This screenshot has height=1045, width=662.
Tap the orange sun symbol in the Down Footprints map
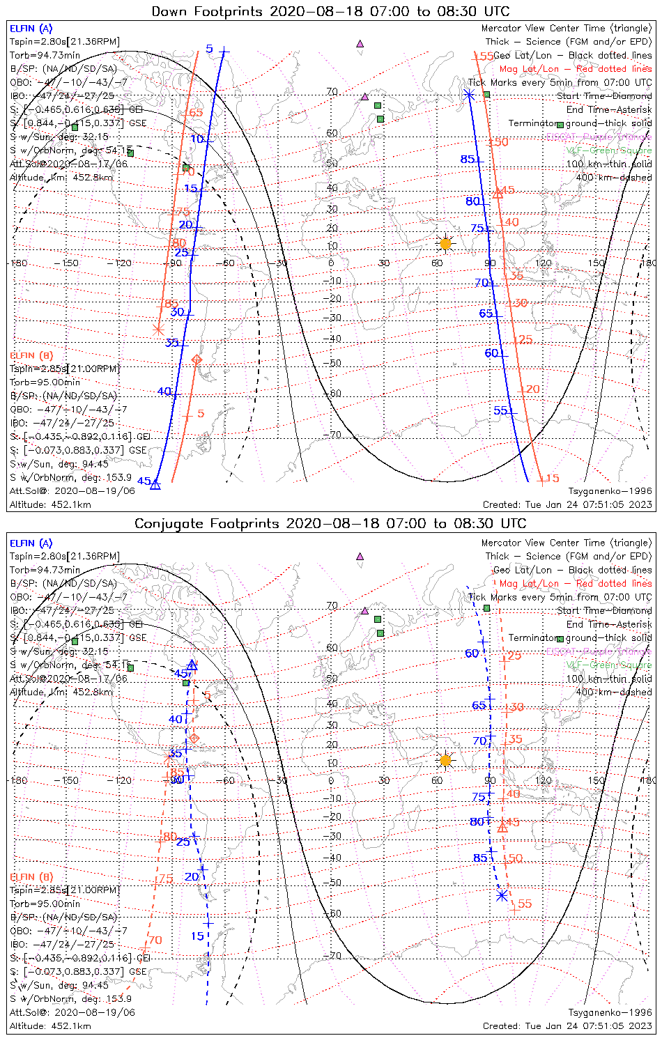click(x=445, y=243)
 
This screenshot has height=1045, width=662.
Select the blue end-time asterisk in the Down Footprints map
click(x=469, y=93)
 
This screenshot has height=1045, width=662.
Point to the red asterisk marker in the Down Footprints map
click(x=158, y=329)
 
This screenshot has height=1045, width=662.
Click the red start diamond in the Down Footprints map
click(x=197, y=359)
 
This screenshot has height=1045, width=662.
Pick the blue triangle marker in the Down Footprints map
click(x=155, y=484)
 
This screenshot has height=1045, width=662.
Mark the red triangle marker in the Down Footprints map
click(x=498, y=193)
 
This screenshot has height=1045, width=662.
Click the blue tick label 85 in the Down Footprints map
click(x=467, y=160)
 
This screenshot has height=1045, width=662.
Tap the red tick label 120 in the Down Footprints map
click(x=532, y=389)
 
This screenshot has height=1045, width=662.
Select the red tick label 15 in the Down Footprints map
click(x=552, y=479)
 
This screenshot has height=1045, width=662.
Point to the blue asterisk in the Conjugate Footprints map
click(x=502, y=895)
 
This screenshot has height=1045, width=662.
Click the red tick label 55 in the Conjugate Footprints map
click(x=525, y=904)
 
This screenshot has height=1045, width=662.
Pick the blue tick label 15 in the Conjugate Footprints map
click(x=197, y=936)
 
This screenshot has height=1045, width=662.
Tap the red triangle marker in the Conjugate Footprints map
click(x=502, y=827)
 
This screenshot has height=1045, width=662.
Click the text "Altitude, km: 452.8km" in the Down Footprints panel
click(x=61, y=178)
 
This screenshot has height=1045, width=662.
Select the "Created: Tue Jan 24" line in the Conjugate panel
click(x=567, y=1026)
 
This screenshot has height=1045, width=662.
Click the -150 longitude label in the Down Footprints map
click(x=70, y=263)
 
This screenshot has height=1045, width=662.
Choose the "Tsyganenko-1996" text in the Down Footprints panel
click(x=610, y=491)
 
